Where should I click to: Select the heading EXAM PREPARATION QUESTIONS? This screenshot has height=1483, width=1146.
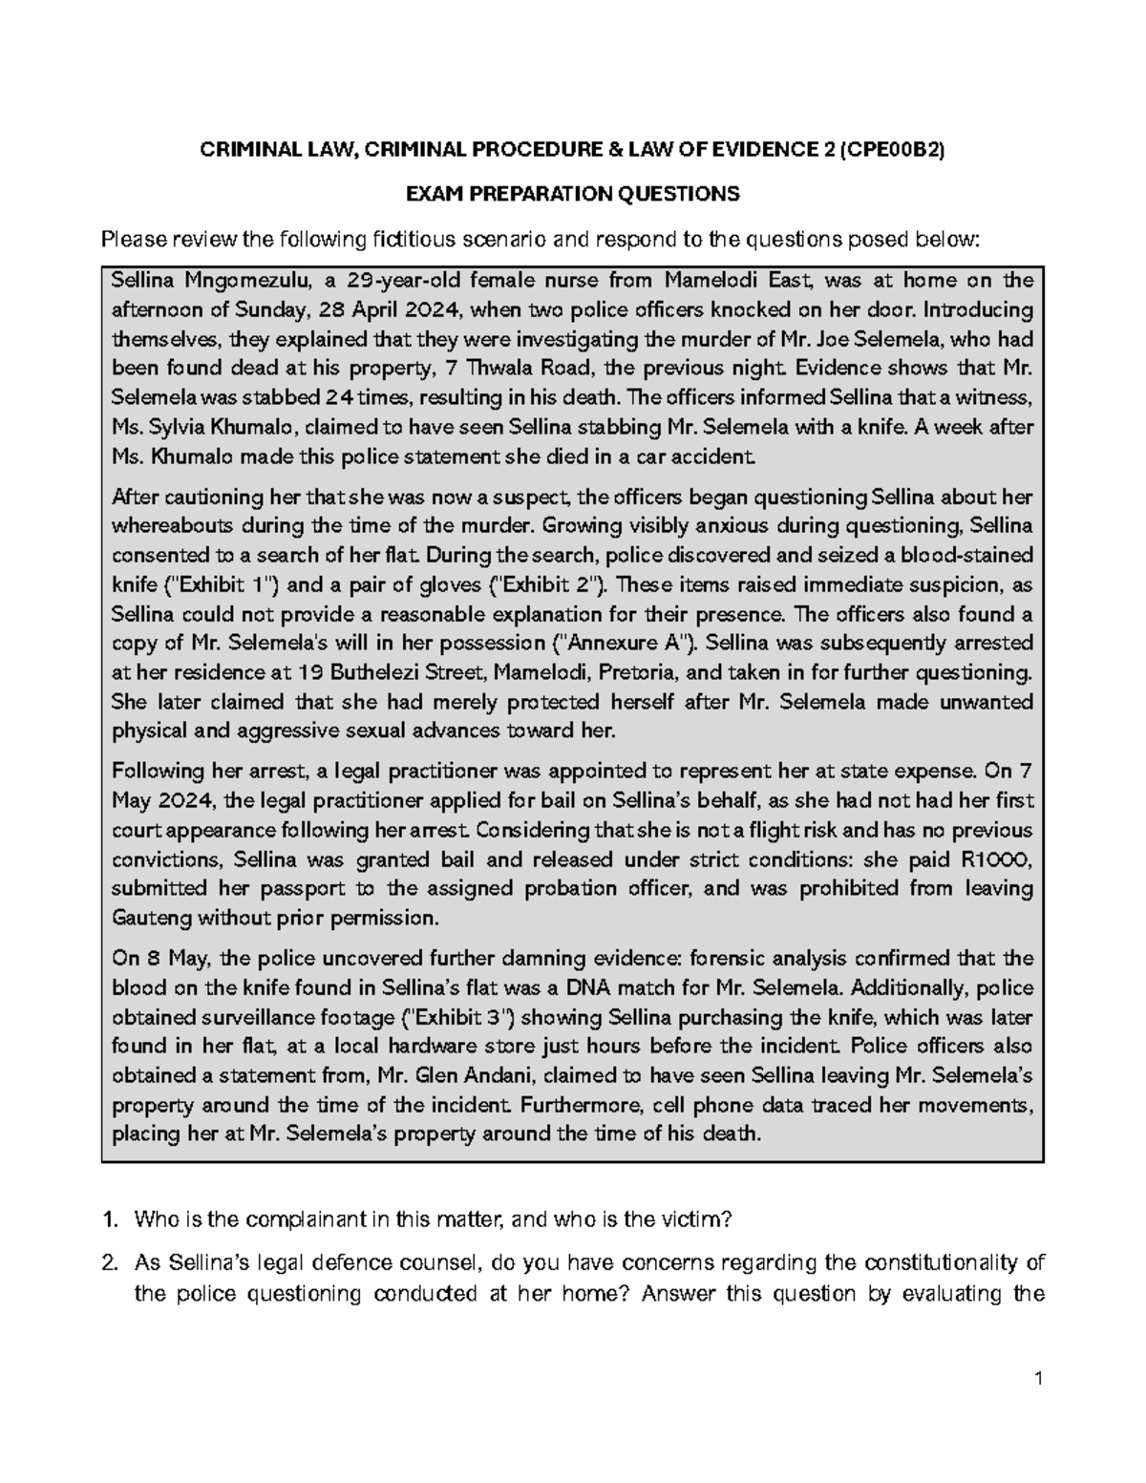coord(572,195)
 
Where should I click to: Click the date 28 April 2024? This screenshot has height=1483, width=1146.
coord(383,309)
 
